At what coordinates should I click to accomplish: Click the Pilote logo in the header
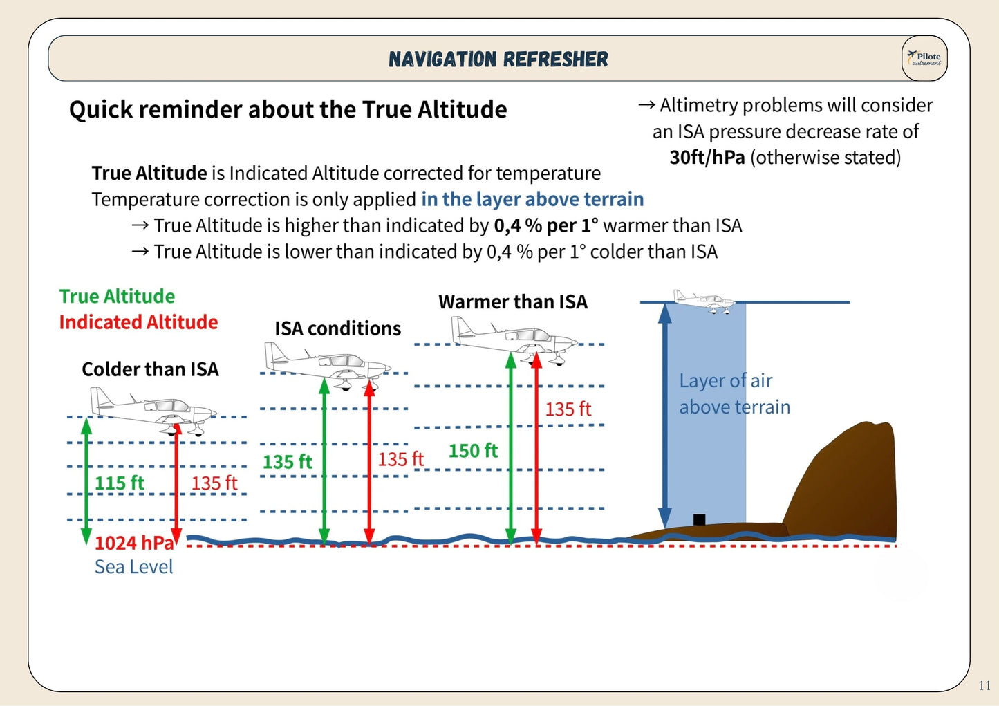924,58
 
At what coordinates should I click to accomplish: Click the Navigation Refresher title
498,59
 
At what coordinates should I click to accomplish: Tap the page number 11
984,685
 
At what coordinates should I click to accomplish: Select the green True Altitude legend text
117,296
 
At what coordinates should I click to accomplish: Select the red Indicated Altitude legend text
138,322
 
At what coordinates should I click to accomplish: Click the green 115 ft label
119,483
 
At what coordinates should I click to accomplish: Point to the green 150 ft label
473,451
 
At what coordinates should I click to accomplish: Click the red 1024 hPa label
134,543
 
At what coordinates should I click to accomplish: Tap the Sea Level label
133,567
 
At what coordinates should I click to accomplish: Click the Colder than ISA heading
150,369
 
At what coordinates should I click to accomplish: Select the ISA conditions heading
337,328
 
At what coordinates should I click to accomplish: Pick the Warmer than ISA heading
513,302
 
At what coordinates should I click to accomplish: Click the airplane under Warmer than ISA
514,338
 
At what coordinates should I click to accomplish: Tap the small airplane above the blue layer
704,301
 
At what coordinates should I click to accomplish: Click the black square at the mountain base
699,519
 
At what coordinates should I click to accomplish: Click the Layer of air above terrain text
734,393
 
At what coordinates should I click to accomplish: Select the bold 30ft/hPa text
707,158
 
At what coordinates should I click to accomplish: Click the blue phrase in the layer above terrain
532,199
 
